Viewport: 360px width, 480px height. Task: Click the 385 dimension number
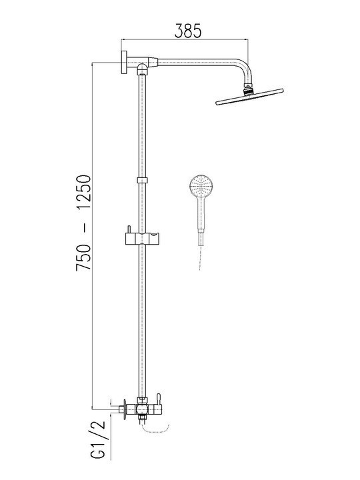(187, 31)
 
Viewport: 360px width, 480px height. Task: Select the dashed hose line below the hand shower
(201, 257)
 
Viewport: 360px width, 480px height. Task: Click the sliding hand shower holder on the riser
(142, 238)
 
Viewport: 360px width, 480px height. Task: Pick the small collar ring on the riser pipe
(142, 180)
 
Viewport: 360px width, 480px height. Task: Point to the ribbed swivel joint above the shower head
(249, 88)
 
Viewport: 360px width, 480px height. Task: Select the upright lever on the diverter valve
(159, 399)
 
